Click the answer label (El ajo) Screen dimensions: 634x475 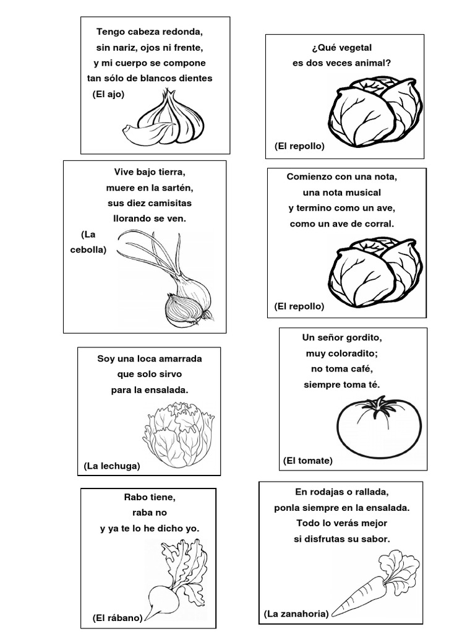coord(108,94)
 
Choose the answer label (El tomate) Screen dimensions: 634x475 coord(307,461)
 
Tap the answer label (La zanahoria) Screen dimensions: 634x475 coord(294,614)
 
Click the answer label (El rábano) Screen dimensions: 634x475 coord(118,617)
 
